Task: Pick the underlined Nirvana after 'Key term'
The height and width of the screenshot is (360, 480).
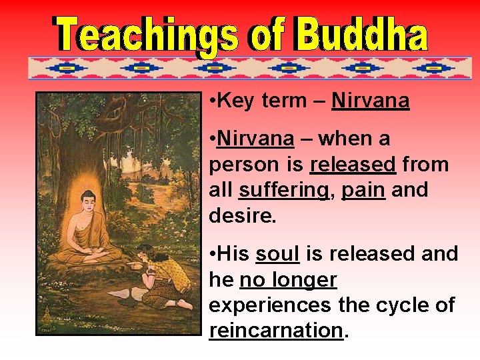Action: pyautogui.click(x=370, y=101)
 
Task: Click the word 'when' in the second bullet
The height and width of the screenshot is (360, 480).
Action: pyautogui.click(x=346, y=139)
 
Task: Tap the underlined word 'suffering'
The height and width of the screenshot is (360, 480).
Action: pyautogui.click(x=283, y=190)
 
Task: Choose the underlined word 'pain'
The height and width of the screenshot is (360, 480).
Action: pyautogui.click(x=363, y=190)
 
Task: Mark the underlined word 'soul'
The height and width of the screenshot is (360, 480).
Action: pyautogui.click(x=277, y=254)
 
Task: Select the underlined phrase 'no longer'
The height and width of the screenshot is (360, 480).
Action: pyautogui.click(x=288, y=280)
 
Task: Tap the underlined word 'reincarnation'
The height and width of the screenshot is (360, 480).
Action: pyautogui.click(x=275, y=331)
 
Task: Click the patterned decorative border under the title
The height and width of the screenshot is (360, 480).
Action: pyautogui.click(x=249, y=68)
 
